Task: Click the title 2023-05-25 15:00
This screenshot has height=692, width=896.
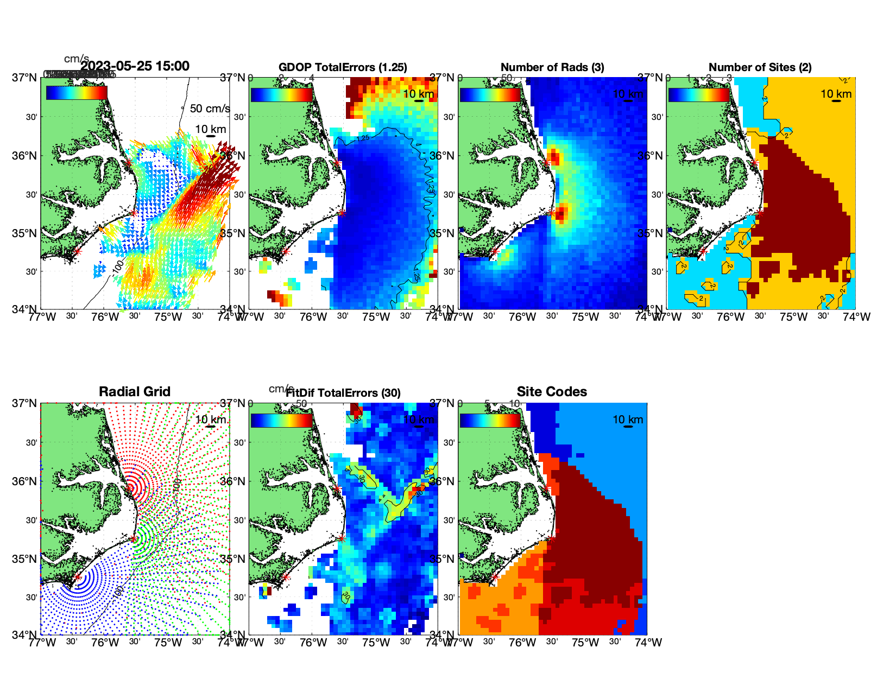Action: coord(135,66)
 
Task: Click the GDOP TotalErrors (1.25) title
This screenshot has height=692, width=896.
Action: coord(343,67)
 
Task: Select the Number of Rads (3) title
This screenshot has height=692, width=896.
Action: coord(552,67)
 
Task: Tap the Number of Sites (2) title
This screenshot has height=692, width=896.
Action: coord(760,67)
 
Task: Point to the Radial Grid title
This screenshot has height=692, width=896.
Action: coord(135,392)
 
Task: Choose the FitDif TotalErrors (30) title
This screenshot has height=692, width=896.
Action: coord(343,393)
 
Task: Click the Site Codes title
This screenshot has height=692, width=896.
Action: coord(552,392)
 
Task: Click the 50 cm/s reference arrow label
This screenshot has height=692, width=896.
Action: coord(210,109)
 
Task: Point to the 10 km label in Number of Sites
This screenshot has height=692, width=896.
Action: coord(836,94)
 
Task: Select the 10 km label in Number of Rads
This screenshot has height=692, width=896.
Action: coord(628,94)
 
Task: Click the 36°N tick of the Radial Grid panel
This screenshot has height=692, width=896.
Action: coord(25,481)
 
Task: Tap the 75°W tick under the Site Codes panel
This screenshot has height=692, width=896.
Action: coord(585,643)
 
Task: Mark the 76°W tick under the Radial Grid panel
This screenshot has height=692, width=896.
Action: coord(105,643)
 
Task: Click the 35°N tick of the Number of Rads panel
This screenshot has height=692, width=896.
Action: coord(444,233)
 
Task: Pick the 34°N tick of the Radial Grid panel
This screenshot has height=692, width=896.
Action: coord(25,634)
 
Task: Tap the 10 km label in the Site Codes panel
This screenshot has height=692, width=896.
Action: coord(628,420)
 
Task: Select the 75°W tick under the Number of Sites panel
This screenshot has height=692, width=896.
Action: coord(793,317)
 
